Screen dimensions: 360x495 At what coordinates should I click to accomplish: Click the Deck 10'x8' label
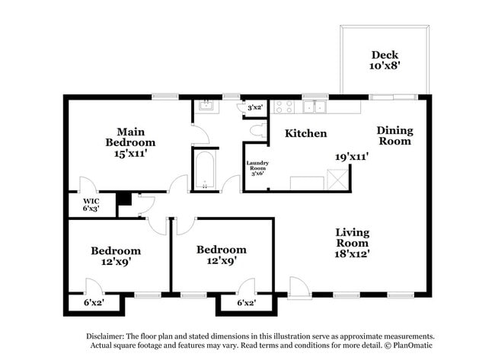point(385,60)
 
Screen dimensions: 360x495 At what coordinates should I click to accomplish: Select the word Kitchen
point(305,133)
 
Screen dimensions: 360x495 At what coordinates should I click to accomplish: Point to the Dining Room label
point(394,135)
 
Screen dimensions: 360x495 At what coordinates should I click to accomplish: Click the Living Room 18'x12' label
point(353,239)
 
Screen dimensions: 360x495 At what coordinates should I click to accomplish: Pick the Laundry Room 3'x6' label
point(257,168)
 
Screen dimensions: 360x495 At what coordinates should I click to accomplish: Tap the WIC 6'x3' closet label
point(91,205)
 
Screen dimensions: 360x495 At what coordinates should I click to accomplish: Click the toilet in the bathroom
point(257,131)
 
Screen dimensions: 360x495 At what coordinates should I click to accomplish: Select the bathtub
point(205,170)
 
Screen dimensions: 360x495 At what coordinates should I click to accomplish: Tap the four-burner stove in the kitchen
point(283,107)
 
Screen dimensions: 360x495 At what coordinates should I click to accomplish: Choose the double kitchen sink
point(315,107)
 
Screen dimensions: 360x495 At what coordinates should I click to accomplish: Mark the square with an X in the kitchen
point(337,180)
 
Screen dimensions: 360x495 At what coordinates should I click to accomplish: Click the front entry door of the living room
point(299,288)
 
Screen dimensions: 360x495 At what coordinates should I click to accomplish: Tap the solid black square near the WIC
point(123,199)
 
